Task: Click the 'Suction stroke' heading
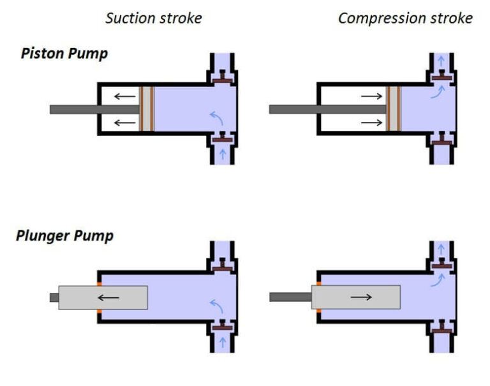tap(153, 18)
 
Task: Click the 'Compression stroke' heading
tap(405, 18)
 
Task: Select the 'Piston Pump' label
tap(64, 53)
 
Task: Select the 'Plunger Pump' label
tap(64, 236)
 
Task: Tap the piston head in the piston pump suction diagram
tap(147, 109)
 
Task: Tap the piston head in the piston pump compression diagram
tap(392, 109)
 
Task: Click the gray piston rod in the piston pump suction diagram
tap(89, 109)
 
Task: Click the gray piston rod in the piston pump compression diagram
tap(319, 109)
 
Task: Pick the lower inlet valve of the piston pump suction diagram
tap(223, 138)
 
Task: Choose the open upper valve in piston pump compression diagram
tap(441, 76)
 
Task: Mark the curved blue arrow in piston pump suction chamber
tap(216, 117)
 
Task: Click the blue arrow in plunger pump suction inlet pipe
tap(223, 341)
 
